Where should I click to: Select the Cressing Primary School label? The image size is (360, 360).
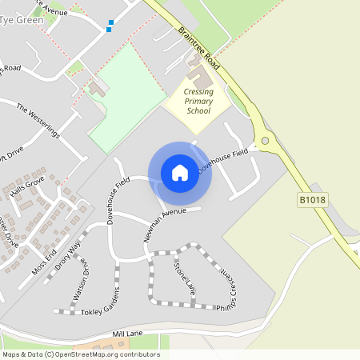(198, 102)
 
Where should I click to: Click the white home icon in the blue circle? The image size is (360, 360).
(180, 173)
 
